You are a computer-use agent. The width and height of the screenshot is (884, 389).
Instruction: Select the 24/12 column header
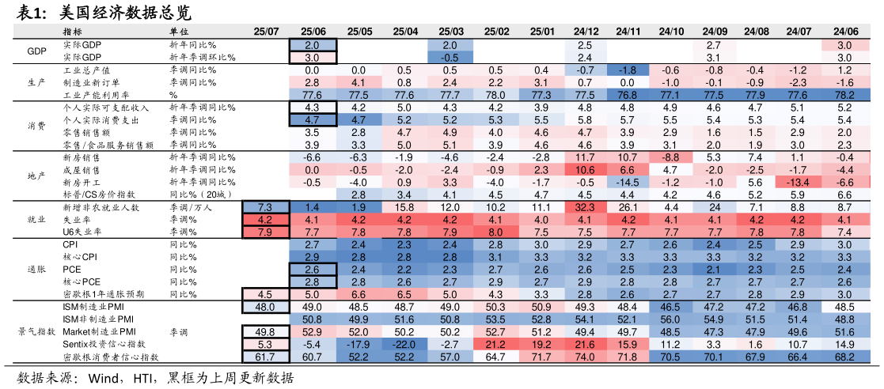coord(586,32)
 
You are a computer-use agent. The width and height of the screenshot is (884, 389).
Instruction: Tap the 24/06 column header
coord(844,32)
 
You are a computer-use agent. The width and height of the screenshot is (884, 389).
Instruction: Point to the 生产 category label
coord(36,82)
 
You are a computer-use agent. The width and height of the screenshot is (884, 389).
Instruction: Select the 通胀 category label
coord(36,270)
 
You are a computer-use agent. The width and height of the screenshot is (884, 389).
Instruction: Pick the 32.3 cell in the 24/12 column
coord(586,207)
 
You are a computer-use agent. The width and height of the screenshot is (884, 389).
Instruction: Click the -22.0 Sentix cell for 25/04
coord(404,345)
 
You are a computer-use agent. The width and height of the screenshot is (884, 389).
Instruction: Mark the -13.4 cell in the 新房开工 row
coord(798,182)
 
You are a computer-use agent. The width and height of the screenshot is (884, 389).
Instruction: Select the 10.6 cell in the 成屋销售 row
coord(586,170)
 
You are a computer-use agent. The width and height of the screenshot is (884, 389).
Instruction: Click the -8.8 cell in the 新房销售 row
coord(671,157)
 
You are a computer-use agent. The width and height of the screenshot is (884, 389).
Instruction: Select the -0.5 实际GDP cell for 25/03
coord(450,58)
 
